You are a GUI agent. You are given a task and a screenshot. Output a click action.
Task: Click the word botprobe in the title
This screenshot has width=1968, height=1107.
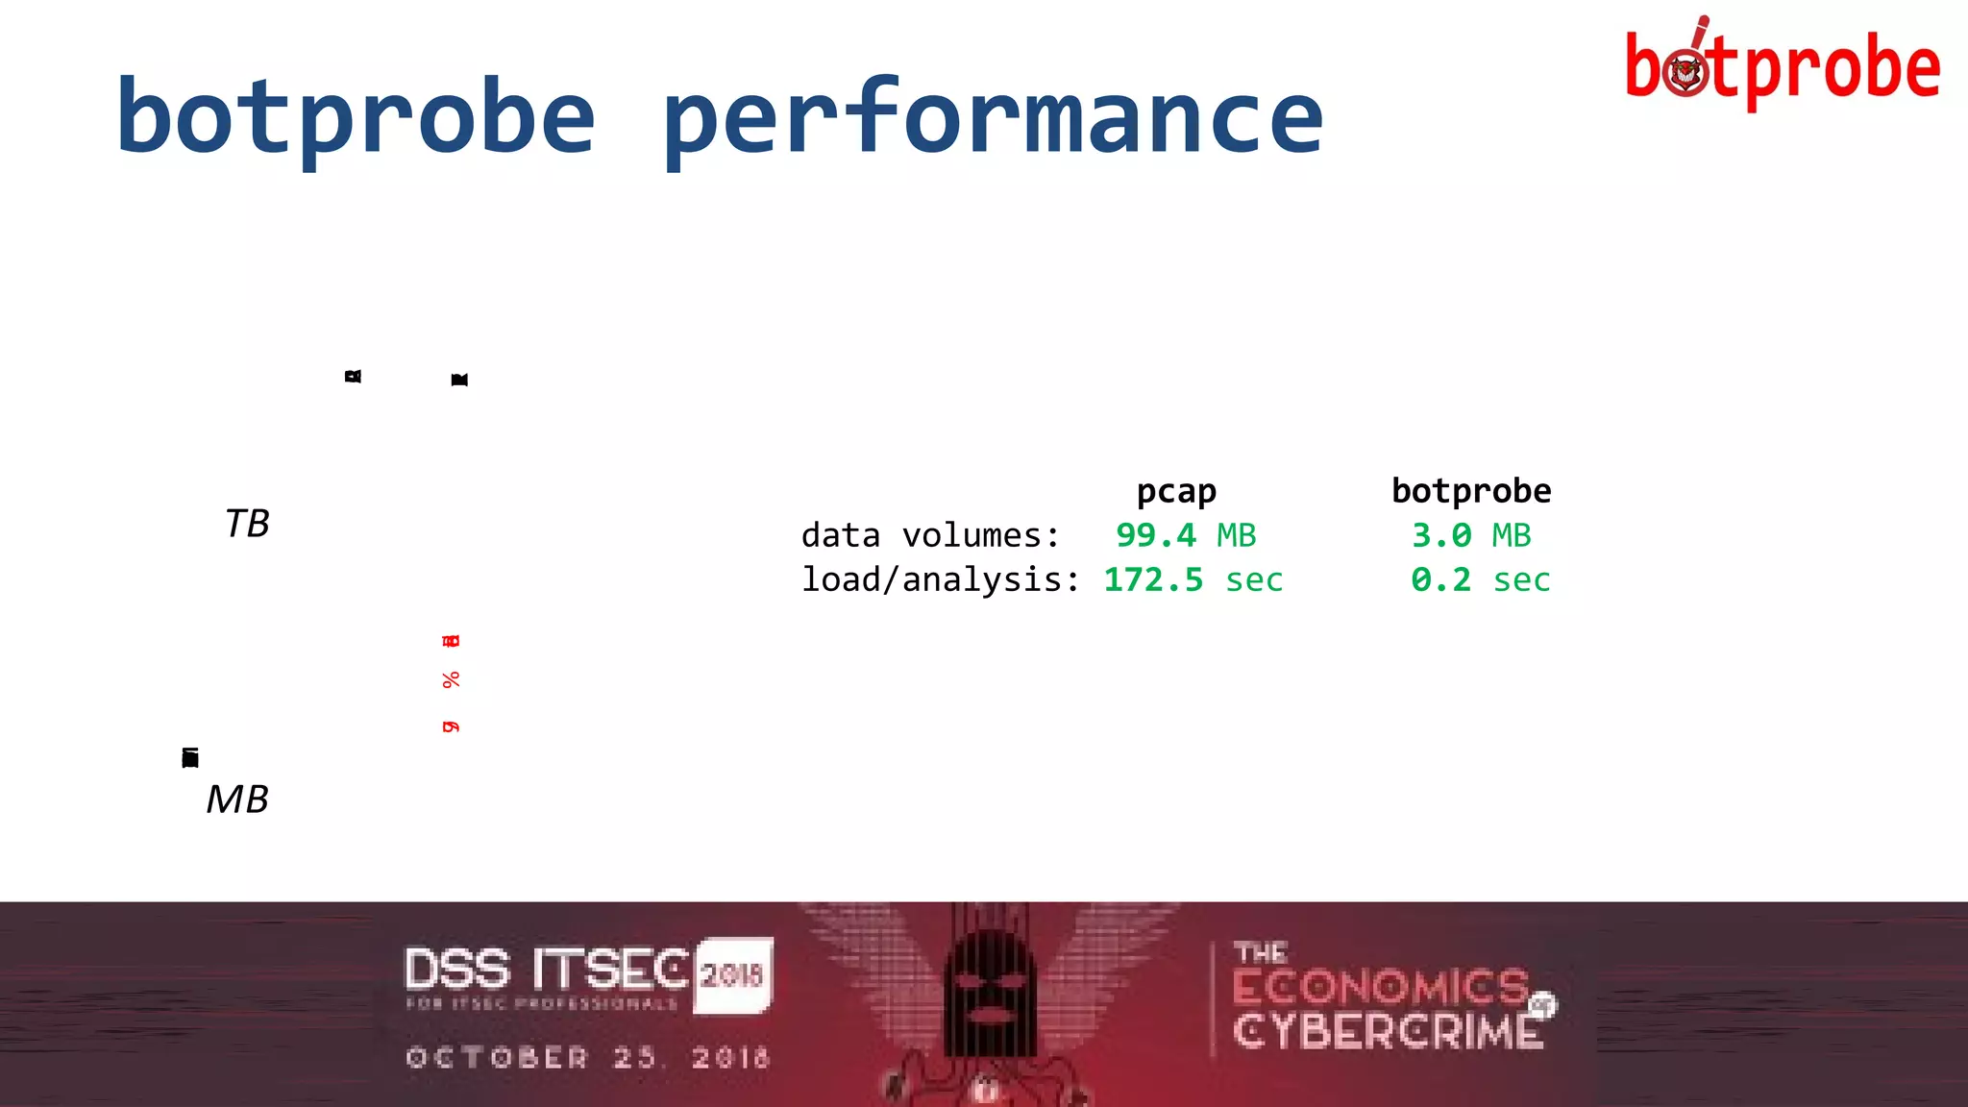(356, 117)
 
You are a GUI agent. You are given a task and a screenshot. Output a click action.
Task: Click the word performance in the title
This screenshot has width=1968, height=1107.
(993, 117)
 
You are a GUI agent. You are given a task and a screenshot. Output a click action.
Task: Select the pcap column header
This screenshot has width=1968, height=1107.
(1176, 491)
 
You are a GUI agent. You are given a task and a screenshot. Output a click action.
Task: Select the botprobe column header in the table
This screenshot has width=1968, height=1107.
(1471, 491)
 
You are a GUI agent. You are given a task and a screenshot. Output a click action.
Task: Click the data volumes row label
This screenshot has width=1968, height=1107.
(930, 535)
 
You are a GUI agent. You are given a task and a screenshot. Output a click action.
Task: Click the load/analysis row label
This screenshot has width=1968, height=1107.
(941, 580)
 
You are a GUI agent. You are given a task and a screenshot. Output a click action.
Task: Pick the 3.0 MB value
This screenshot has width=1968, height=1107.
(1471, 535)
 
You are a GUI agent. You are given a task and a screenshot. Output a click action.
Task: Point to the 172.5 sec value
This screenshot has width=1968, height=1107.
(1193, 580)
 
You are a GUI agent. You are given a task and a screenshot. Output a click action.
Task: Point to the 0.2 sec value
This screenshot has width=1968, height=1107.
(1480, 580)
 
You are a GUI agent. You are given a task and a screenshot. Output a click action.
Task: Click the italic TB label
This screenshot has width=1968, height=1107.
(247, 524)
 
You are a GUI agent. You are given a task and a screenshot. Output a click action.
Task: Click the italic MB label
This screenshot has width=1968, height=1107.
(237, 799)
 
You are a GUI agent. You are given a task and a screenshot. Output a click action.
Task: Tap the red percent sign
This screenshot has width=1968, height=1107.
(451, 680)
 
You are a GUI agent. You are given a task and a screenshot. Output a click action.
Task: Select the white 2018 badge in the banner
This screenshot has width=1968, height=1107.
(733, 974)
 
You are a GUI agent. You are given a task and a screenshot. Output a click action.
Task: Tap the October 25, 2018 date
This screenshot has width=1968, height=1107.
(588, 1058)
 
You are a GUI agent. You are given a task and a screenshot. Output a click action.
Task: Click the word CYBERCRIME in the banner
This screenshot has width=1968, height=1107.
(1388, 1032)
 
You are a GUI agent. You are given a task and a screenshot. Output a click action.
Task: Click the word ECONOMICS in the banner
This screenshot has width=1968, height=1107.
(1381, 987)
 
